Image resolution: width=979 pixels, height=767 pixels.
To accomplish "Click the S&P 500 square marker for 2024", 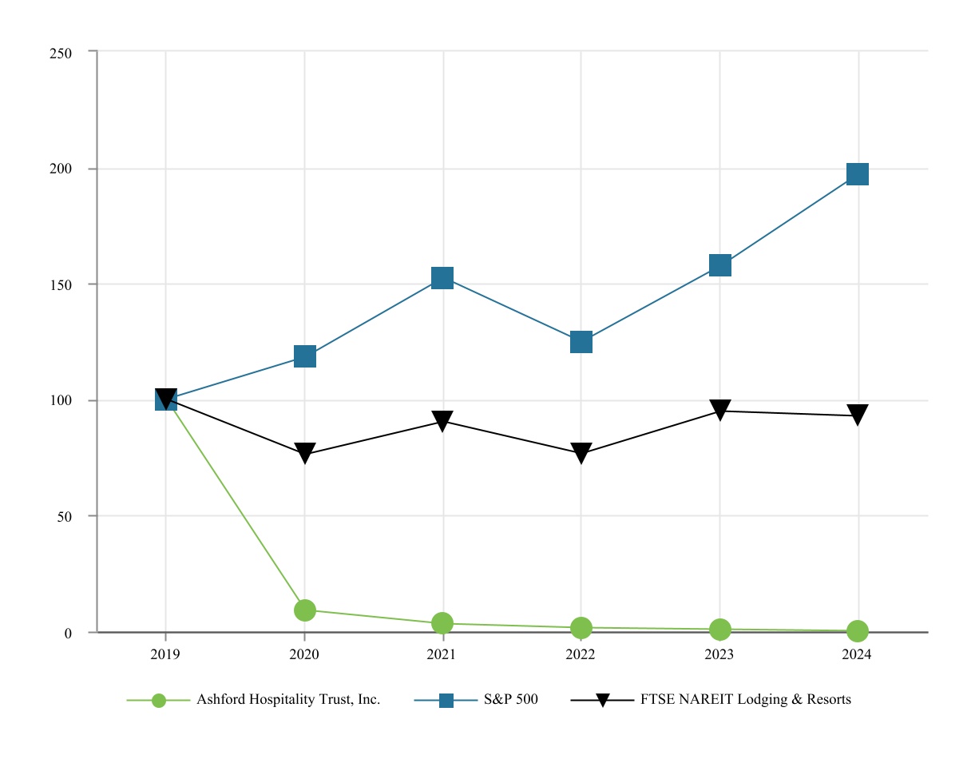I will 858,174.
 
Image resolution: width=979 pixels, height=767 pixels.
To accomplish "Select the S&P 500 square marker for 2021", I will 442,278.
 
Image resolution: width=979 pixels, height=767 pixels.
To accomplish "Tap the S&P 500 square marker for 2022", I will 581,342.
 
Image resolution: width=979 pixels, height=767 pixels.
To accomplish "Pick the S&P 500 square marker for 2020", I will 304,356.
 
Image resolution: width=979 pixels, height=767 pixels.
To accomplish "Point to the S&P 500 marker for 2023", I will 720,265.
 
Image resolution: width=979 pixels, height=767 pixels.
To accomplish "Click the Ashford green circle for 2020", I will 304,610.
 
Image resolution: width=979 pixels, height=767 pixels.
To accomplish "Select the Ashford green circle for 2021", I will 442,623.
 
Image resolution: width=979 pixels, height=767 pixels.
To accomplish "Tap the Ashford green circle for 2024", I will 858,631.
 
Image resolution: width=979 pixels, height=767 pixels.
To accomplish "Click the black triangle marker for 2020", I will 304,453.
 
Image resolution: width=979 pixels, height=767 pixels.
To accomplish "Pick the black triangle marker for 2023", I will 720,410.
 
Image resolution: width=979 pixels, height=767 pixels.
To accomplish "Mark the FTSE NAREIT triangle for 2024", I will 858,415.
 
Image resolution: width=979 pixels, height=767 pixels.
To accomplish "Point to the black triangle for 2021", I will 442,420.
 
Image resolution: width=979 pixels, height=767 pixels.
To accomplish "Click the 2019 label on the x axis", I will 165,654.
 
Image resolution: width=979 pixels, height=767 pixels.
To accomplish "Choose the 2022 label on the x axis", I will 581,654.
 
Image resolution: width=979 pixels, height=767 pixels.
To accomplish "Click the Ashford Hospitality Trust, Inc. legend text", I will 288,700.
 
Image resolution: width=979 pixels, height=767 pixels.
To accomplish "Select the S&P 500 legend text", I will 511,700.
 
